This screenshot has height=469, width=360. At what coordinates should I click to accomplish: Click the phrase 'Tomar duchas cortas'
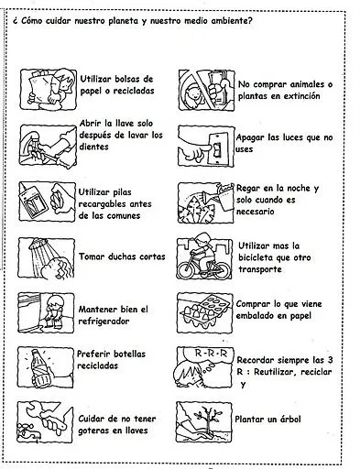(122, 256)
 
